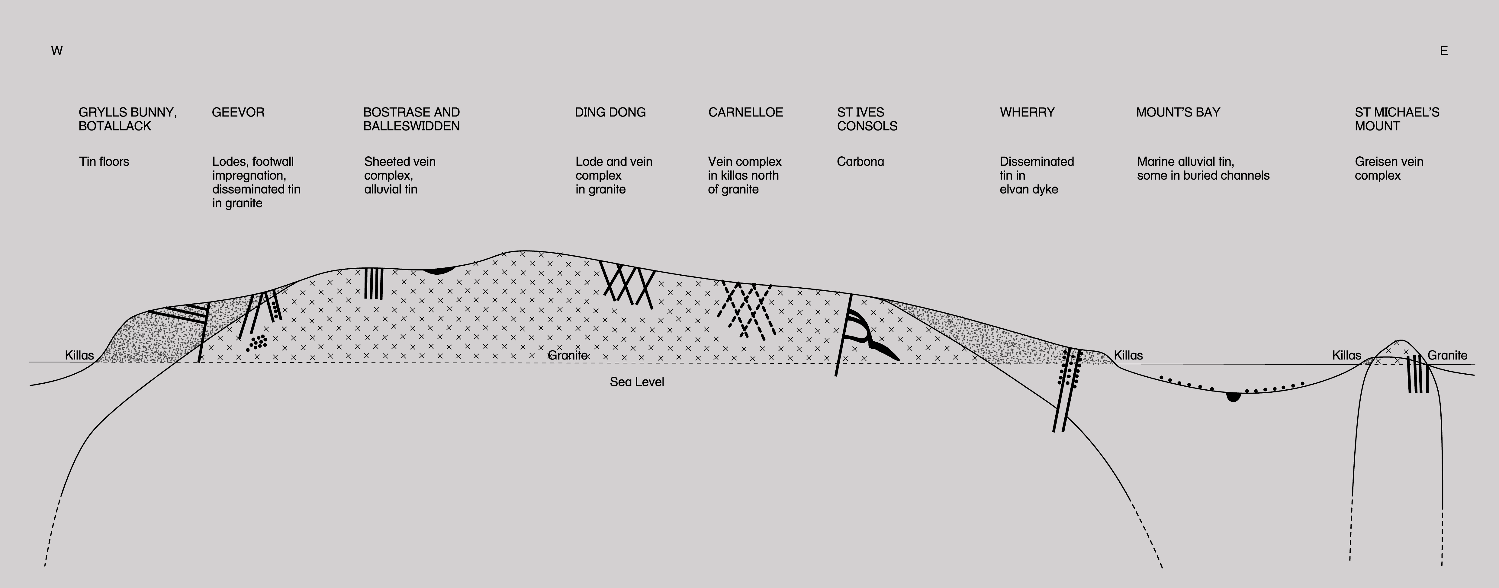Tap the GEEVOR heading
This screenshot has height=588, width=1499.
point(238,112)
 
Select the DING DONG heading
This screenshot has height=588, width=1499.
point(610,112)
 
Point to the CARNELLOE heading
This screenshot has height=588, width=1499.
point(745,112)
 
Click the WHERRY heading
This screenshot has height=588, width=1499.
point(1027,112)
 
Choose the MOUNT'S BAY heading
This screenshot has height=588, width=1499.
point(1178,112)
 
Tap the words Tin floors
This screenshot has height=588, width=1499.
point(104,162)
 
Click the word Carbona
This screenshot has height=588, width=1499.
point(860,162)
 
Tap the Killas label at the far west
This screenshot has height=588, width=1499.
point(79,355)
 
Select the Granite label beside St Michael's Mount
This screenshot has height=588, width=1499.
point(1447,355)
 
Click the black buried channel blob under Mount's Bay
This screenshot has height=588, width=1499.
point(1233,397)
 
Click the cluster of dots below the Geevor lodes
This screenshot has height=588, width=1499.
point(257,342)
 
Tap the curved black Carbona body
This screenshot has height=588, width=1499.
point(873,337)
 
